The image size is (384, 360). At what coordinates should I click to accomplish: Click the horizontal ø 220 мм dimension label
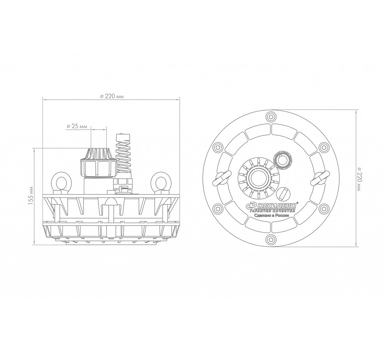click(x=112, y=96)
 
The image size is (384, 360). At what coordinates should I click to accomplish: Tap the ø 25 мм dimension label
click(x=76, y=126)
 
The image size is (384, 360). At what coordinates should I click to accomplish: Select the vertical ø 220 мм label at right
click(x=359, y=179)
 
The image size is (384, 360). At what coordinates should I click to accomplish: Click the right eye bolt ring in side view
click(x=160, y=183)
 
